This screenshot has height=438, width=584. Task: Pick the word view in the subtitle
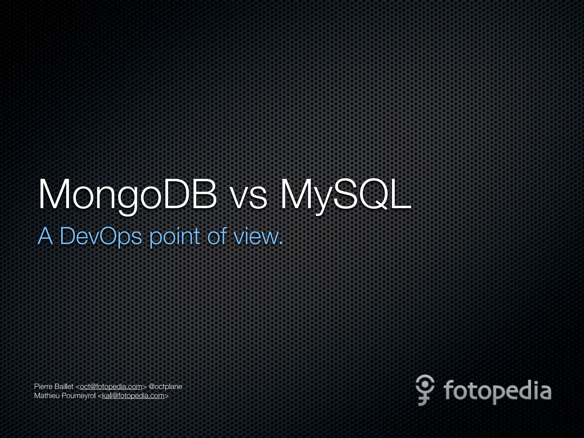point(255,237)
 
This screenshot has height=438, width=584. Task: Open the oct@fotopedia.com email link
point(111,387)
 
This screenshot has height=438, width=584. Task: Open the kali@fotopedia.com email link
point(133,396)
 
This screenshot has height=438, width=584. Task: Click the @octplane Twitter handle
point(165,387)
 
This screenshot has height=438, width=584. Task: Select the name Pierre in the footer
point(43,387)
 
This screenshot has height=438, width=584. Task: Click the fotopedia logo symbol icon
point(425,390)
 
